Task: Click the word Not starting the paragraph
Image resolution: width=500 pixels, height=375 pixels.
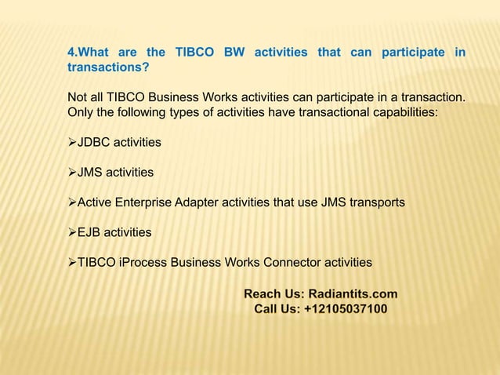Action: (x=78, y=97)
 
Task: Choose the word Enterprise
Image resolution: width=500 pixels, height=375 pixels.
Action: (x=150, y=202)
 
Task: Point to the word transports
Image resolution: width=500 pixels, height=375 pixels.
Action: (x=376, y=202)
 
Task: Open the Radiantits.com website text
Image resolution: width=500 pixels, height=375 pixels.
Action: (x=353, y=294)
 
